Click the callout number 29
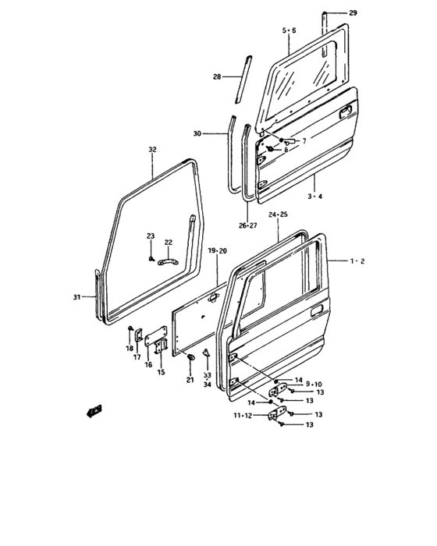tap(353, 13)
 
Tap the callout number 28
tap(217, 76)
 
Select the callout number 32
tap(153, 150)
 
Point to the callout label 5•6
tap(290, 30)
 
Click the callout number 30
tap(197, 133)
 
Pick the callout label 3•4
tap(315, 197)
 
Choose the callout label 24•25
tap(278, 214)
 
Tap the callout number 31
tap(76, 297)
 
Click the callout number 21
tap(190, 380)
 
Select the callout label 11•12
tap(243, 416)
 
